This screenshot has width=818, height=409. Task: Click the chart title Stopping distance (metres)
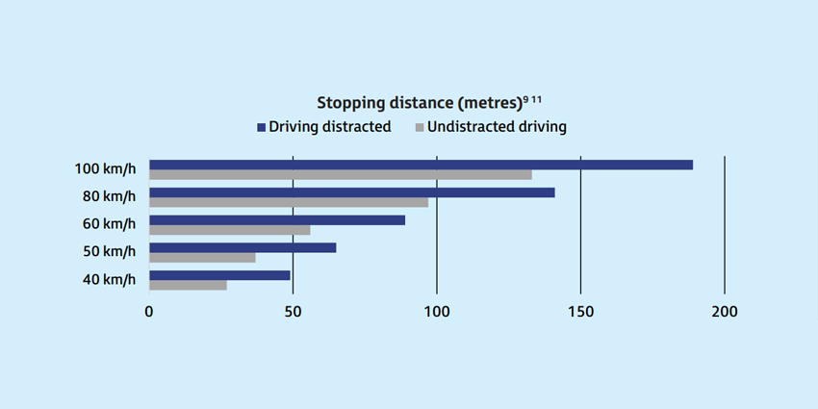pos(419,102)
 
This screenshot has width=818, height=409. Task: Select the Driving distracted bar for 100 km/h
pos(421,165)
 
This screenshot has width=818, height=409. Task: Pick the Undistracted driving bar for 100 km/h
pos(340,174)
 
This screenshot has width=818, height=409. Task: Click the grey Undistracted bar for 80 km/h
pos(289,202)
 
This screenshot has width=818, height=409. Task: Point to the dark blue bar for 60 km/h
pos(277,219)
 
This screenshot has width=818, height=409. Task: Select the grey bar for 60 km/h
pos(230,230)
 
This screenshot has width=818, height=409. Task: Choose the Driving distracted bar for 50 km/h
pos(243,247)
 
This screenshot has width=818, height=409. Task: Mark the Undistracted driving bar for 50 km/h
pos(202,257)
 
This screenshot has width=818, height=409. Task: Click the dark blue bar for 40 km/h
pos(219,275)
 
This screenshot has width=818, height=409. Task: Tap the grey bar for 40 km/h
pos(188,285)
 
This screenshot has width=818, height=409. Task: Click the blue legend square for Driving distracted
pos(260,127)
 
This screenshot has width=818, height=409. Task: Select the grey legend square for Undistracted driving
pos(419,127)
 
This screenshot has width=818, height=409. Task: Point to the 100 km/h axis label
pos(105,169)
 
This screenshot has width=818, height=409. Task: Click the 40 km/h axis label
pos(109,280)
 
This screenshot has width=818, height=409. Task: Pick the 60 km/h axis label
pos(109,224)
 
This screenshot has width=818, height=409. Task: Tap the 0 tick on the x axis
pos(149,312)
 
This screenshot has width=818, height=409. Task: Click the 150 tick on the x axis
pos(580,312)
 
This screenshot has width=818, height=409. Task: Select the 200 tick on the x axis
pos(724,312)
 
